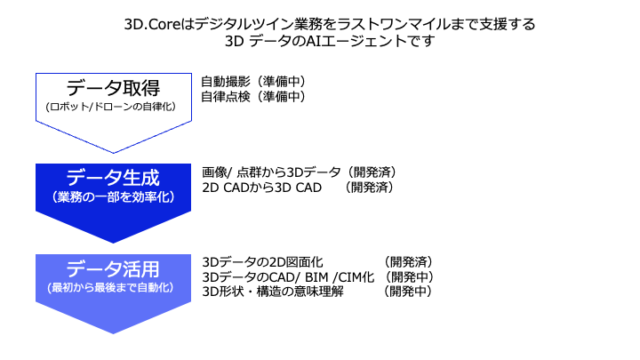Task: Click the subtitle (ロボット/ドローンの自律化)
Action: [111, 107]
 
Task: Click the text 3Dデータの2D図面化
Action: [262, 261]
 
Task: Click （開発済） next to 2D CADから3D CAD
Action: [369, 188]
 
